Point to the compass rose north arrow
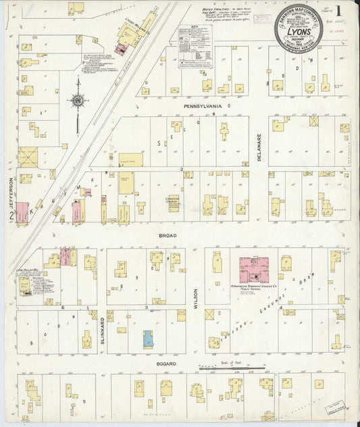[x=77, y=101]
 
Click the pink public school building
[x=254, y=268]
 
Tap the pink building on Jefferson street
[x=22, y=213]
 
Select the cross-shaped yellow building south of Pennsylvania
[x=224, y=130]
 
